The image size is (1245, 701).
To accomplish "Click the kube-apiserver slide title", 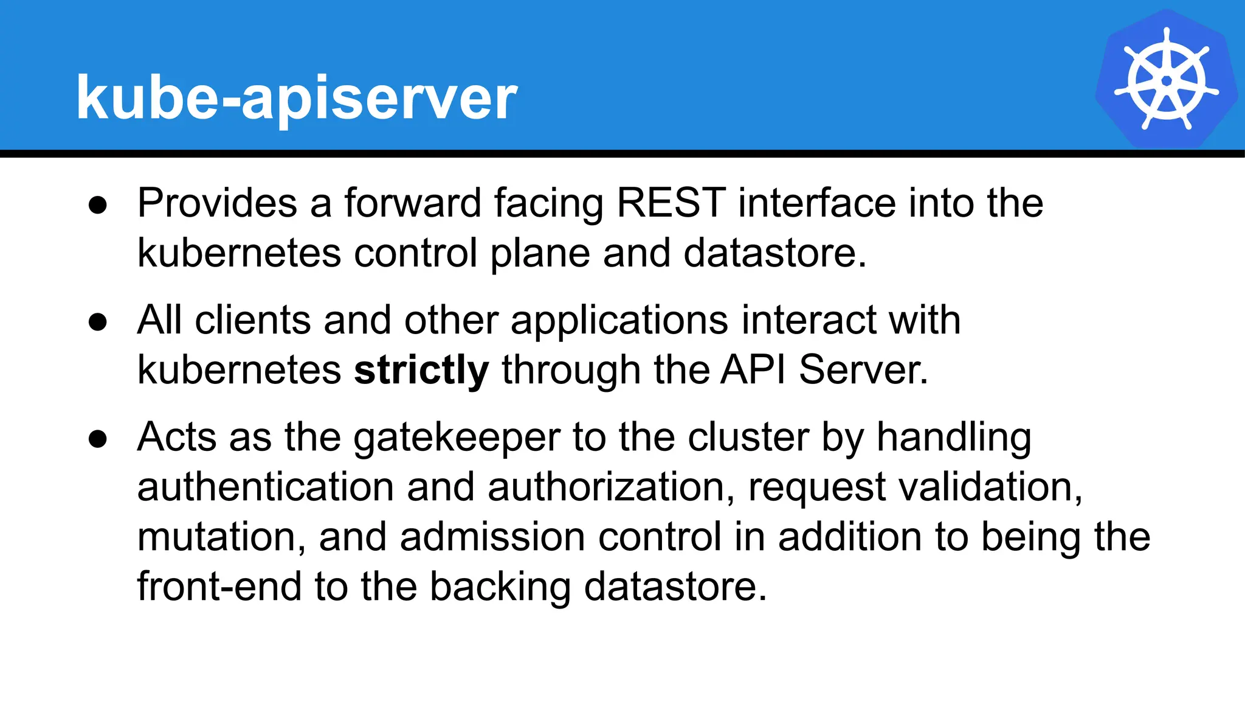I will [x=296, y=97].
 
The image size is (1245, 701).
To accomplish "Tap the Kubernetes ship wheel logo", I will [x=1166, y=80].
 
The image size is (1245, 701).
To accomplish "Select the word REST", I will [x=671, y=203].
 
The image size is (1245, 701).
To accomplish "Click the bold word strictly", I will [x=421, y=370].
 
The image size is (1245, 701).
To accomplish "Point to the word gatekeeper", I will [x=457, y=438].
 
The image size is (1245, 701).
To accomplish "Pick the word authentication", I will [x=266, y=487].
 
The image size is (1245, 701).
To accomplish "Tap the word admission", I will [x=492, y=537].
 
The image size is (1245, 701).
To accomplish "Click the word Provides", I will [x=217, y=203].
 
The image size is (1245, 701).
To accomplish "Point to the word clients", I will [x=252, y=320].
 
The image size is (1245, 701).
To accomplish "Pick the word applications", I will [x=619, y=321].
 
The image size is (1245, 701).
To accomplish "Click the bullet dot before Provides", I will [x=98, y=205].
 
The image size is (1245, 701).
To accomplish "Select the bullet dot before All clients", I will [x=98, y=322].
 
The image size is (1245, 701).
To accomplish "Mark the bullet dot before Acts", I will [x=98, y=439].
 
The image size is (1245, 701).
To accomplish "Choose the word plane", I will [x=540, y=254].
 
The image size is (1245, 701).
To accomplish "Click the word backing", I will [x=500, y=588].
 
